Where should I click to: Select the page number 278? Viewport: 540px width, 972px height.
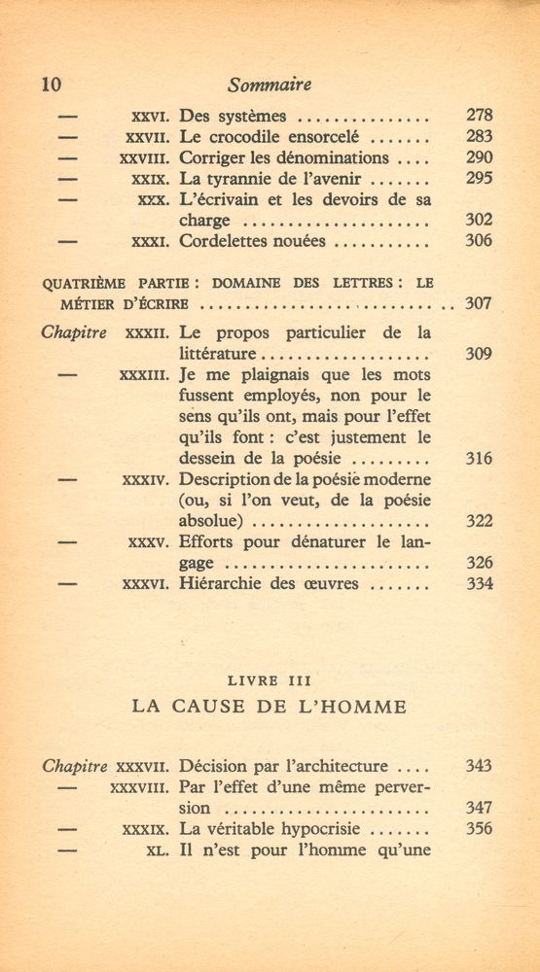pos(479,116)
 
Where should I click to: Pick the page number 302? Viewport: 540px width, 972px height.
pos(479,221)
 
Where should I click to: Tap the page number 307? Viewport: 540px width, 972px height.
pos(479,303)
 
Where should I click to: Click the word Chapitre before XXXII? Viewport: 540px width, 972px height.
pos(75,332)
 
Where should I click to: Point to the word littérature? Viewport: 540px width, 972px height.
pos(219,354)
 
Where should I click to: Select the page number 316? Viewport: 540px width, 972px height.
pos(479,458)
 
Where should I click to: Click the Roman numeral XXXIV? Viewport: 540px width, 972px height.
pos(147,479)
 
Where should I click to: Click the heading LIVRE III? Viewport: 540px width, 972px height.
pos(270,679)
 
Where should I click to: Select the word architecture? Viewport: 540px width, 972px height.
pos(335,766)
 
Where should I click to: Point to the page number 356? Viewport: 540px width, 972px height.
pos(479,829)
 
